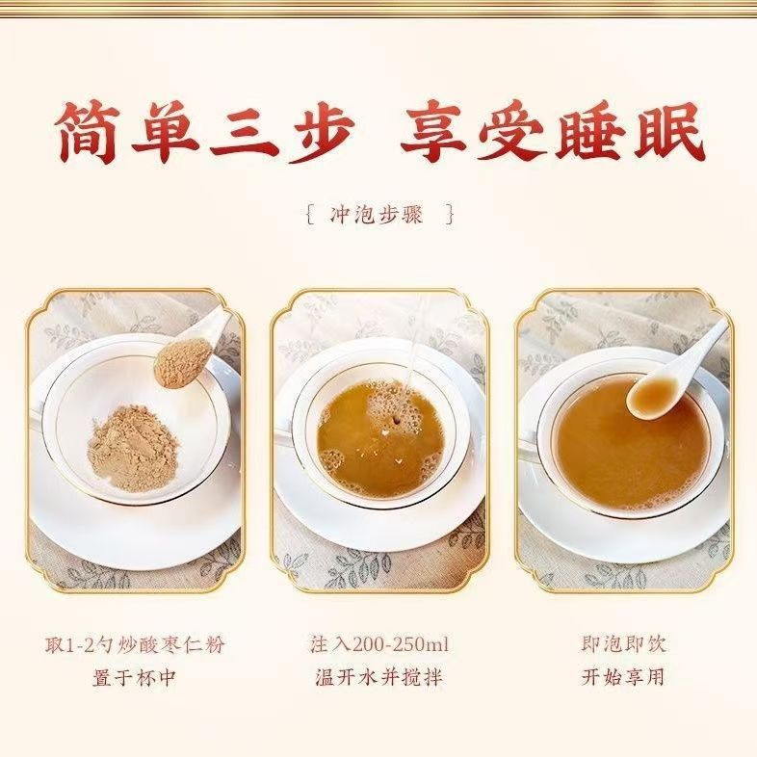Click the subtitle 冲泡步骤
tap(377, 215)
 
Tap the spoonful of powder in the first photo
tap(183, 362)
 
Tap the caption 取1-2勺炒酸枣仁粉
tap(136, 644)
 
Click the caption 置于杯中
tap(134, 678)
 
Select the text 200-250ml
tap(401, 645)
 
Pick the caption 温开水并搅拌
tap(379, 677)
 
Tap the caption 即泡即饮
tap(624, 644)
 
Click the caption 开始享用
tap(623, 677)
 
